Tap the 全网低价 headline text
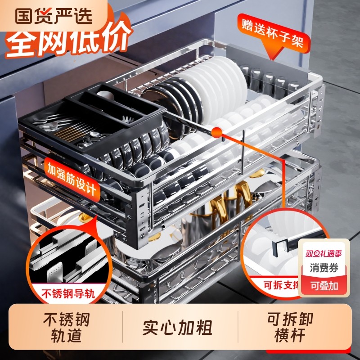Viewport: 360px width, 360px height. (67, 43)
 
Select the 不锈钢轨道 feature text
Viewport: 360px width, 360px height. (67, 328)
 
